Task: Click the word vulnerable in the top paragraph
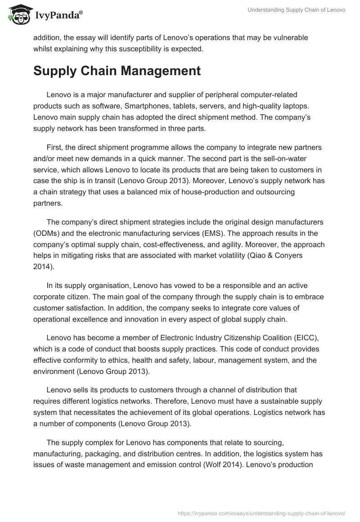286,38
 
